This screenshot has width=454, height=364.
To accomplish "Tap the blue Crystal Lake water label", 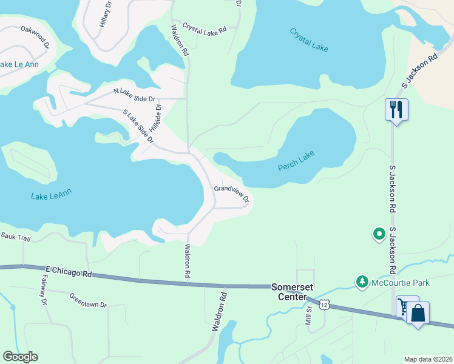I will point(309,40).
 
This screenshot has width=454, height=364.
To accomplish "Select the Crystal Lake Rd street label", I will point(205,29).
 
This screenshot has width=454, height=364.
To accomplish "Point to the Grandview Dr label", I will point(232,194).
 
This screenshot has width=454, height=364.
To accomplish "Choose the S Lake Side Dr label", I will point(138,126).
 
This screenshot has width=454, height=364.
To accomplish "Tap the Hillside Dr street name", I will point(158,115).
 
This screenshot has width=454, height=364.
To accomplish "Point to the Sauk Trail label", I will point(15,235).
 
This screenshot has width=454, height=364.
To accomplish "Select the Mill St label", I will point(309,315).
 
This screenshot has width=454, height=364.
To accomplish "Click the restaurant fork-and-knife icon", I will point(396,110).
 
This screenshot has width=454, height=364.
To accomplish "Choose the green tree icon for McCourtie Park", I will point(362,281).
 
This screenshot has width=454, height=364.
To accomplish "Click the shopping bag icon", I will point(418,313).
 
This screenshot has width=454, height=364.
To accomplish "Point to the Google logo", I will point(20,357).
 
